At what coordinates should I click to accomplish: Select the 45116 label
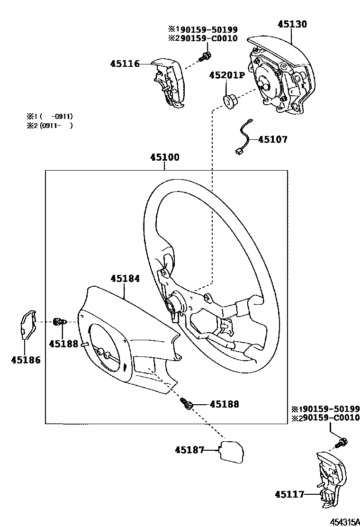[x=125, y=64]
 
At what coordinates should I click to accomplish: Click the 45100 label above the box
[x=165, y=157]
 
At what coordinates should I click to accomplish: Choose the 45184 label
[x=125, y=279]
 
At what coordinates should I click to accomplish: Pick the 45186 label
[x=26, y=360]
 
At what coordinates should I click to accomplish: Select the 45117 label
[x=289, y=494]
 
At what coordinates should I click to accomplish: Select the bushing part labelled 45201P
[x=230, y=101]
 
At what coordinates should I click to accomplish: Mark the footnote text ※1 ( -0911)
[x=49, y=116]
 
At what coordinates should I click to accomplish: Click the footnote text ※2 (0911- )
[x=49, y=126]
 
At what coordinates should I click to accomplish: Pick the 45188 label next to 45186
[x=63, y=344]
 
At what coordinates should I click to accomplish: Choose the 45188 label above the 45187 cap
[x=224, y=404]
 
